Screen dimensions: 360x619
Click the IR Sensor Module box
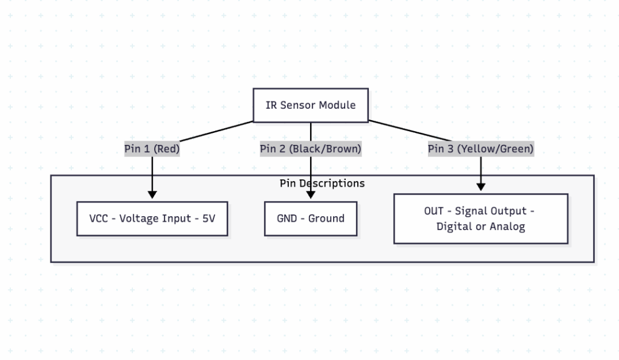[x=310, y=105]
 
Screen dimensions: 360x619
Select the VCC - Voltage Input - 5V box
[x=152, y=219]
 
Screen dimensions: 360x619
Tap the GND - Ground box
[x=311, y=219]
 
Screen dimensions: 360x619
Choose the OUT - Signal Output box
[x=481, y=219]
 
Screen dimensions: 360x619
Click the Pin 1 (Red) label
[x=152, y=149]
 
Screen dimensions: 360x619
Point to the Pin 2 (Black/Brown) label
[x=310, y=149]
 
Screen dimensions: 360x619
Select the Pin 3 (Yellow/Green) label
[x=481, y=149]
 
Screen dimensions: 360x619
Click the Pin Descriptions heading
[x=322, y=183]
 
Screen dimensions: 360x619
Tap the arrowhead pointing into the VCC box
[x=152, y=194]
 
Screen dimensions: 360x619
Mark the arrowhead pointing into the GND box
[x=311, y=194]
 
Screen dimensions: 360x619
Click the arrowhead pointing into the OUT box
[x=481, y=187]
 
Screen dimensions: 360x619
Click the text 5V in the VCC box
[x=208, y=219]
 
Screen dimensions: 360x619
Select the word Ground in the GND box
[x=326, y=219]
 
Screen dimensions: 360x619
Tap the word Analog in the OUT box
[x=508, y=227]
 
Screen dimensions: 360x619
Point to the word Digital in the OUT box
[x=454, y=227]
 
